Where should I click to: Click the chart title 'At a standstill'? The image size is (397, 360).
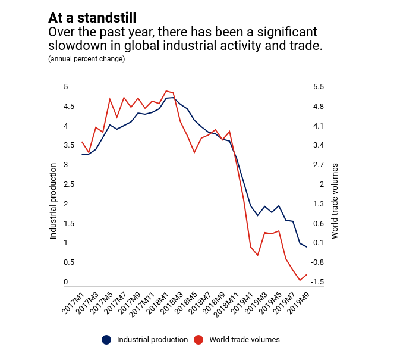click(x=96, y=18)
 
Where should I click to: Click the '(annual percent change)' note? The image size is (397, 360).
click(x=86, y=59)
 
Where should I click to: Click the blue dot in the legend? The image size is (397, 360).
click(x=106, y=340)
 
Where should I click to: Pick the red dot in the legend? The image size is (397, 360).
click(x=198, y=340)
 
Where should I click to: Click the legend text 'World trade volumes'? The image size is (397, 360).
click(x=244, y=340)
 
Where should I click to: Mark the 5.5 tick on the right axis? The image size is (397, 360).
click(x=319, y=87)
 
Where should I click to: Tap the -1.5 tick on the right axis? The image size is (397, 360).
click(x=317, y=282)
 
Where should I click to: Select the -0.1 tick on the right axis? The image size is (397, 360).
click(x=317, y=243)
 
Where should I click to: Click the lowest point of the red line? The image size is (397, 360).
click(x=300, y=280)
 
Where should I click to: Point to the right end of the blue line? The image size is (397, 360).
click(x=307, y=246)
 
